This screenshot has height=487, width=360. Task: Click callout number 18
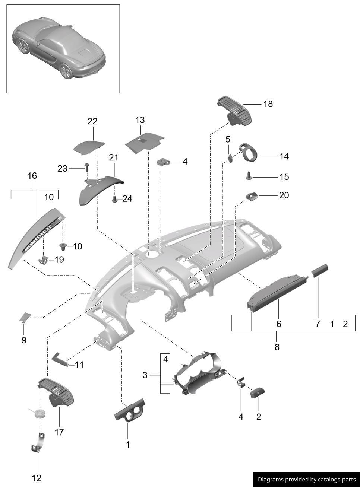click(x=268, y=104)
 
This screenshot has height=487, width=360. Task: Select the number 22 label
click(x=92, y=121)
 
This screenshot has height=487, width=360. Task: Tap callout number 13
click(x=140, y=120)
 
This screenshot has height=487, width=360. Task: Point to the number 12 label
click(x=37, y=478)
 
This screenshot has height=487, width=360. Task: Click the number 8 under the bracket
click(x=277, y=347)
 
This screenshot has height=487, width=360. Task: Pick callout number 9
click(x=24, y=340)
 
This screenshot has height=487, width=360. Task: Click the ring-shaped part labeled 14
click(x=249, y=152)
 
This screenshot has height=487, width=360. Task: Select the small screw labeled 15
click(x=249, y=175)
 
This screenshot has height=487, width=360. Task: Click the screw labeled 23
click(x=87, y=166)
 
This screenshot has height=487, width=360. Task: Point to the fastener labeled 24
click(x=115, y=199)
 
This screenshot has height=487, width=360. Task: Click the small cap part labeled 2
click(x=258, y=392)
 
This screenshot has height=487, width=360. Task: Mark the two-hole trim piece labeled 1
click(x=129, y=411)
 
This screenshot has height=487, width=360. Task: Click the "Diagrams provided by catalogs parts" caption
click(x=307, y=480)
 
